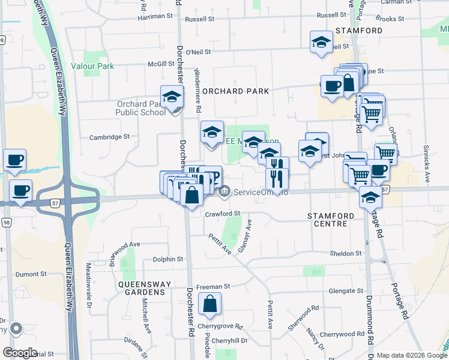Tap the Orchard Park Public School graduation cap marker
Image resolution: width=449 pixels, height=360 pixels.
click(x=172, y=98)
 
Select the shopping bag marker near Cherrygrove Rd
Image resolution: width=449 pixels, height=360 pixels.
click(x=211, y=305)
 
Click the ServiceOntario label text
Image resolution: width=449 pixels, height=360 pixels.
click(x=261, y=192)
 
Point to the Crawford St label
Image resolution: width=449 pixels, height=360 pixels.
click(x=222, y=214)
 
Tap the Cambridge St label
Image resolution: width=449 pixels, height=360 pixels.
click(x=109, y=137)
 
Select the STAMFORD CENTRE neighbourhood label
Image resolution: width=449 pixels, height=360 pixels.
click(x=327, y=219)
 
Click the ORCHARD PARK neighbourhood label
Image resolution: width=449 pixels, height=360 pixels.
click(x=235, y=91)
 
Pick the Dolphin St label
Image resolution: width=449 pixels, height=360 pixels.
click(x=168, y=259)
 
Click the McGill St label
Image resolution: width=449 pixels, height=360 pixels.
click(x=161, y=64)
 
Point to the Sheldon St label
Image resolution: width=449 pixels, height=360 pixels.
click(x=346, y=253)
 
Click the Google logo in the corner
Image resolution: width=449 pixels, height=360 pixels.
click(x=20, y=353)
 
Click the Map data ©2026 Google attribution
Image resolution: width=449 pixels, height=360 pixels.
click(x=411, y=355)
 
